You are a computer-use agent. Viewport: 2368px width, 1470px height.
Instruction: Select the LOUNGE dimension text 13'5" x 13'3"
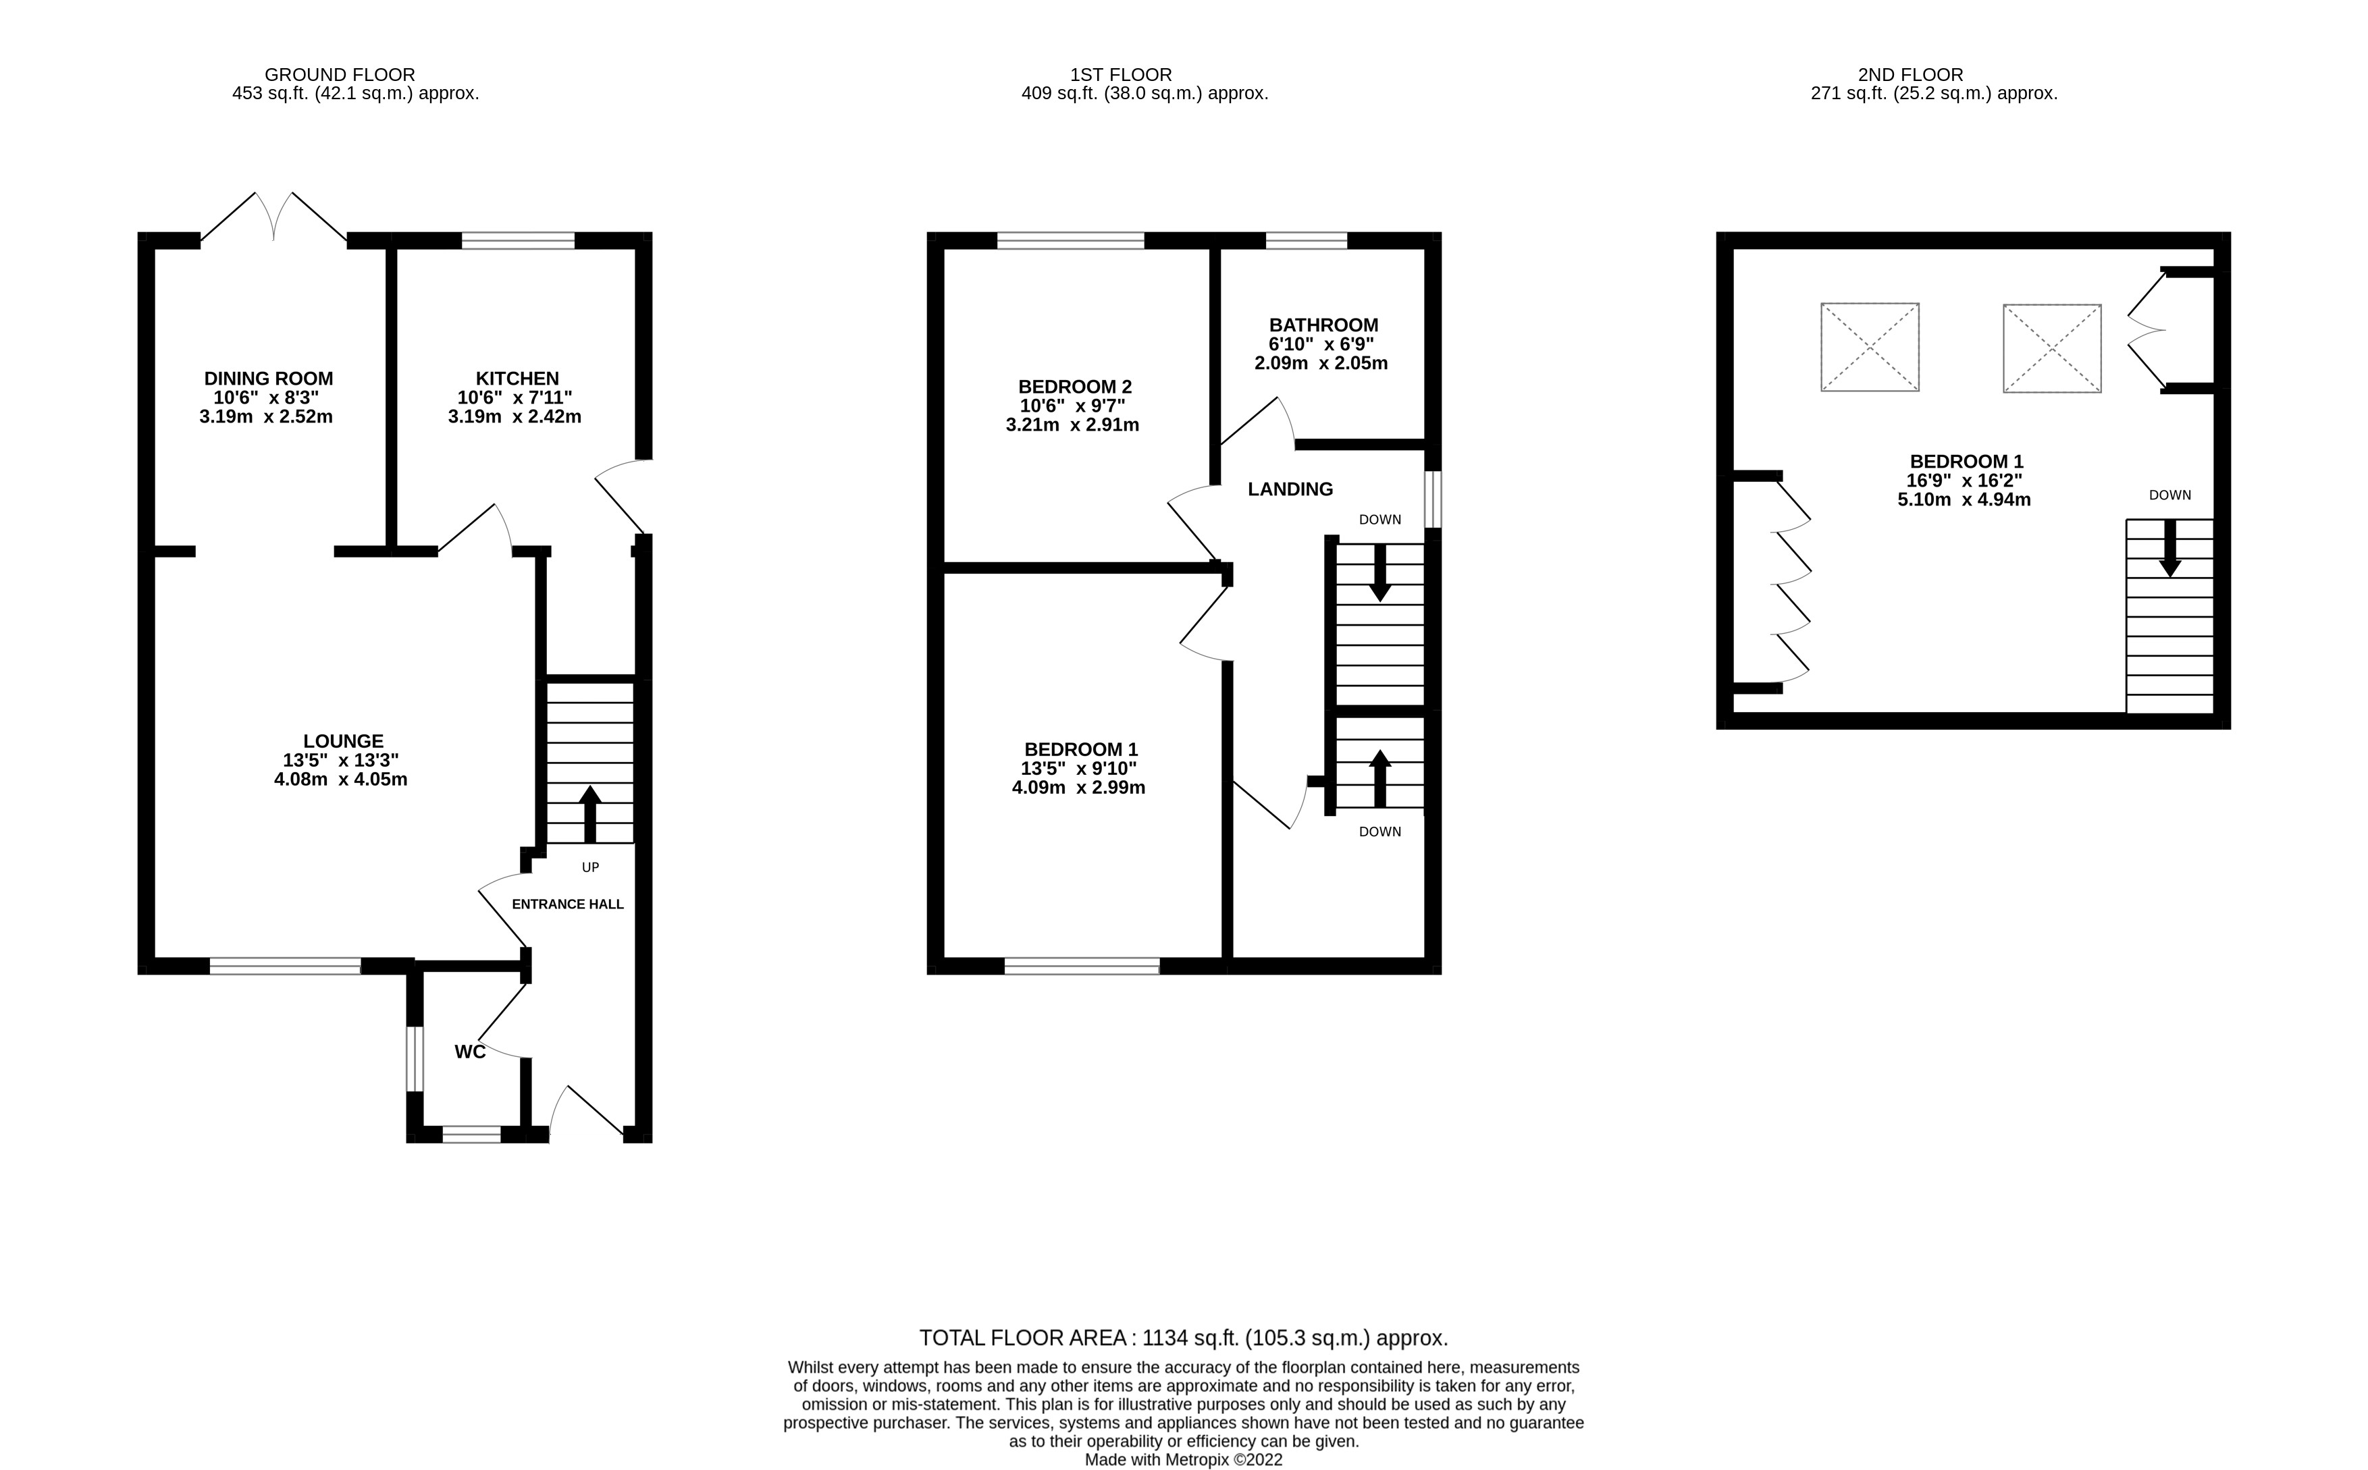pos(342,760)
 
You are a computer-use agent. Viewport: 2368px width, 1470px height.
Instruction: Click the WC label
pos(470,1052)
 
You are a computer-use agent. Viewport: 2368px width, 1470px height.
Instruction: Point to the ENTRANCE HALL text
pos(567,904)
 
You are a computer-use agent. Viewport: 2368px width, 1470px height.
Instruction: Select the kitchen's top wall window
pos(517,241)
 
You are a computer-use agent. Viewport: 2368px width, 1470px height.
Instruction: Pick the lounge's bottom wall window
pos(285,965)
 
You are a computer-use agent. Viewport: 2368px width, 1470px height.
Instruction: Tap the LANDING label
pos(1290,489)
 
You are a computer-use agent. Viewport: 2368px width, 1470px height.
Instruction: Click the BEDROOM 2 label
pos(1074,387)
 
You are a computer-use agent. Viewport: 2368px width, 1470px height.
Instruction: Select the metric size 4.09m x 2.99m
pos(1078,788)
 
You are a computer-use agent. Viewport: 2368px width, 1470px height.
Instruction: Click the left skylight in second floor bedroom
pos(1869,347)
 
